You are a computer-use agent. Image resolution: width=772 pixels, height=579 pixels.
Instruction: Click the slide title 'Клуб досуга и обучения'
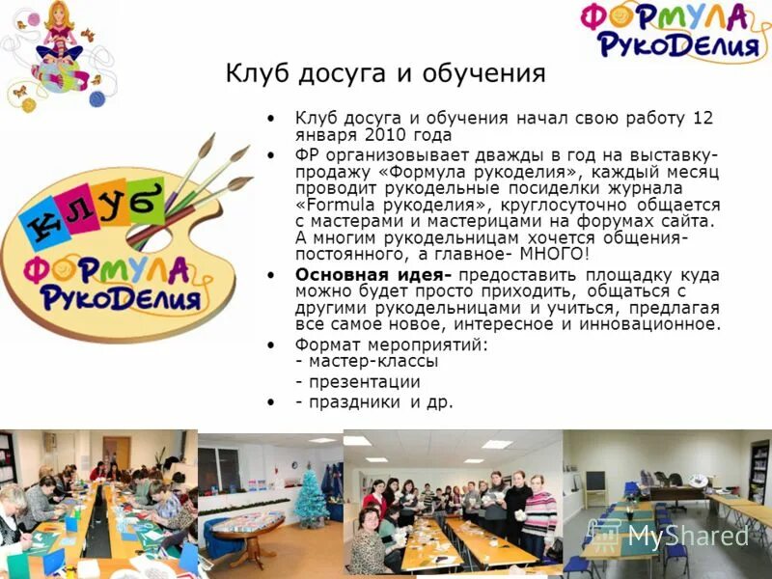coord(385,73)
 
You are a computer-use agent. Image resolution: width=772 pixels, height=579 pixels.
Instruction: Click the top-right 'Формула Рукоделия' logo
coord(676,31)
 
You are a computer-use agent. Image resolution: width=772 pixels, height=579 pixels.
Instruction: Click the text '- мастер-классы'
coord(367,361)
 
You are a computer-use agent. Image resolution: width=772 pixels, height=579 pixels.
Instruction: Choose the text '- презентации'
coord(357,382)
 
